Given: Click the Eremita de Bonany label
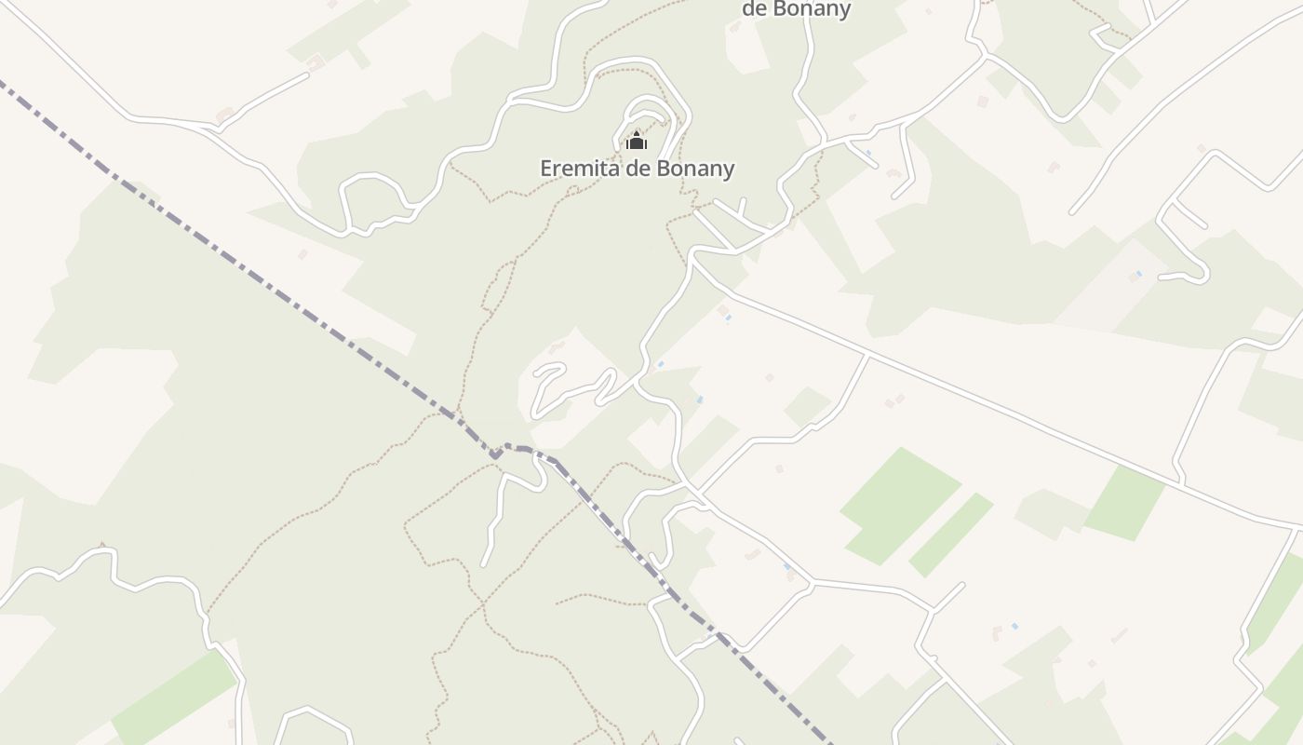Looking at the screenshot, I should [637, 169].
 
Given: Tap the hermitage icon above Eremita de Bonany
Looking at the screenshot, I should [637, 142].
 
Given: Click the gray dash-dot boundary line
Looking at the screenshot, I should [279, 289].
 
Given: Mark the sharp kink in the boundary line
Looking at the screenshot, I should [495, 455].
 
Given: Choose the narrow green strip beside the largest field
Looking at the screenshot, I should [951, 535].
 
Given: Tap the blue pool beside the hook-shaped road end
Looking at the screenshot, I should [1137, 274].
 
